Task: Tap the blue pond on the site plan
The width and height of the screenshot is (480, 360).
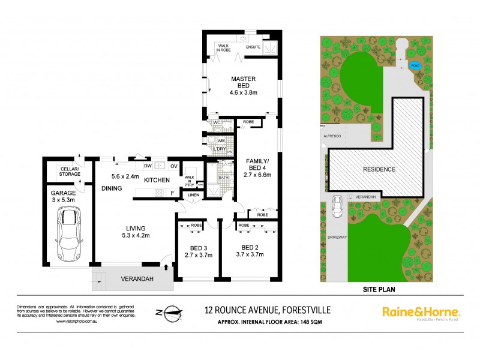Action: [414, 65]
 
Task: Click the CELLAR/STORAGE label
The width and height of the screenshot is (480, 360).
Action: [70, 172]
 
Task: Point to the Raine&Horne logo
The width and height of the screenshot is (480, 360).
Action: [421, 312]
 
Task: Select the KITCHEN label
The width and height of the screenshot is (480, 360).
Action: [157, 180]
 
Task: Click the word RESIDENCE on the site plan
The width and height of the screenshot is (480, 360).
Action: [379, 169]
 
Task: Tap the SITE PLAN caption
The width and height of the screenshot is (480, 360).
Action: [379, 289]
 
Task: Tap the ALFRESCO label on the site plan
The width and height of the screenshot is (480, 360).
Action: [332, 137]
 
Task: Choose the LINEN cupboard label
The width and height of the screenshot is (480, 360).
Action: [192, 195]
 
